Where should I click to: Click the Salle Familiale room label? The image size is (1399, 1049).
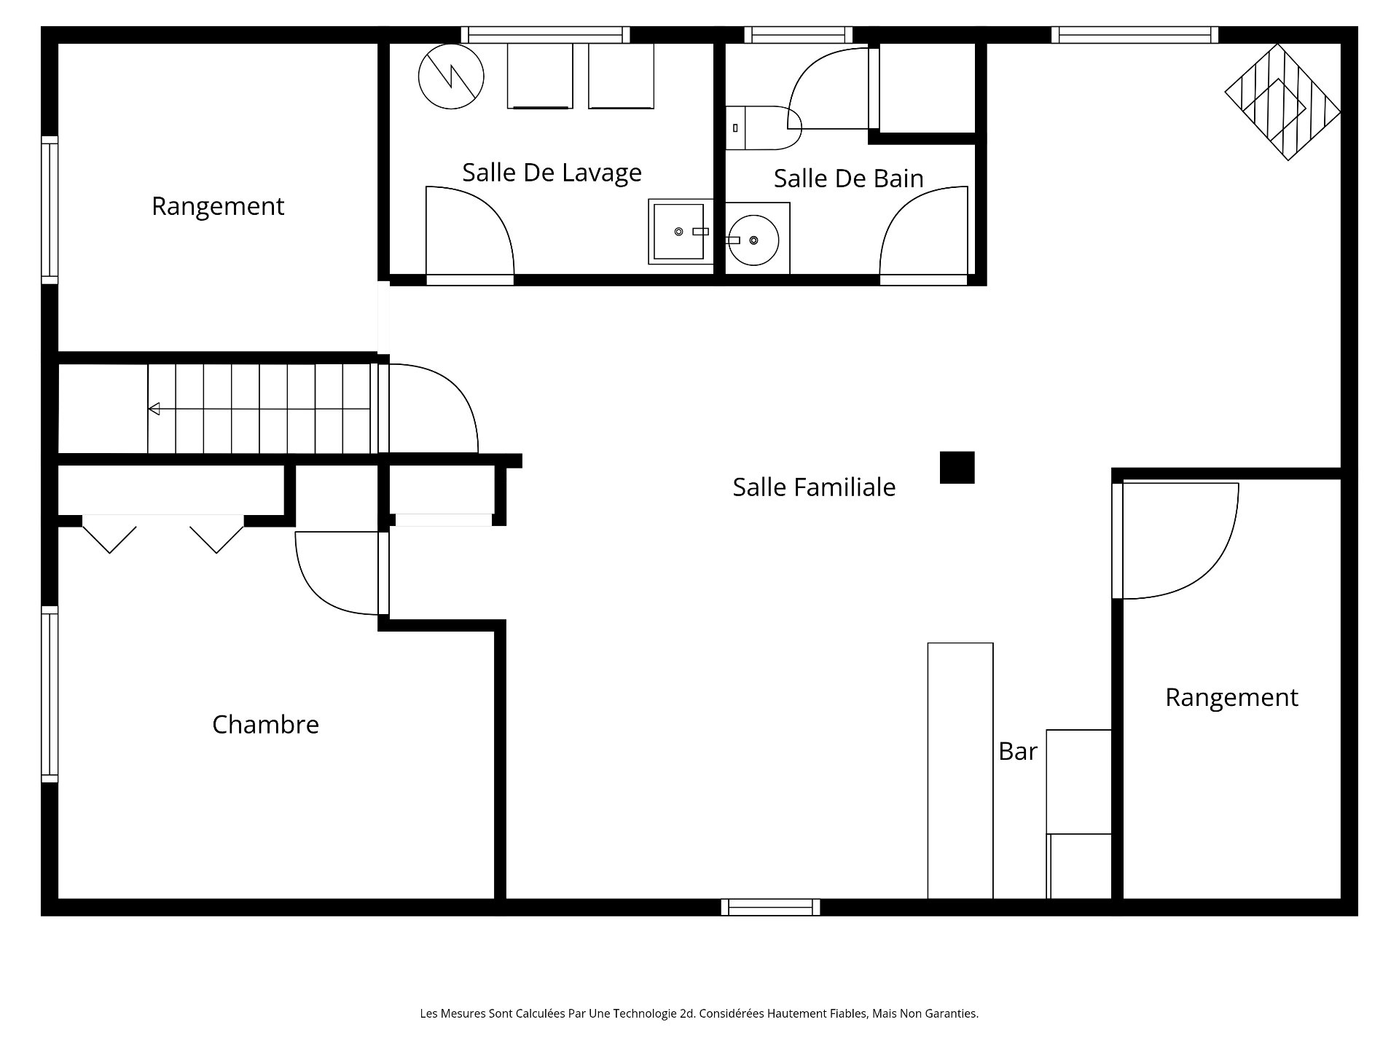[814, 487]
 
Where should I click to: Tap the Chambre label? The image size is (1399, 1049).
[265, 724]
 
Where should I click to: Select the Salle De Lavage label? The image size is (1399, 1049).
[552, 173]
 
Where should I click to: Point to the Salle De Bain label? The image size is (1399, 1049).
[848, 178]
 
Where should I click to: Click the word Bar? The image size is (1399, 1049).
[1017, 751]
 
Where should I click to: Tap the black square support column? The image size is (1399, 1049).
[957, 467]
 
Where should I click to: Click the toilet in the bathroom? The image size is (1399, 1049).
[764, 127]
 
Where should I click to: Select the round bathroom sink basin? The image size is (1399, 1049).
[753, 240]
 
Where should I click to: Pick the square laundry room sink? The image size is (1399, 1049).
[679, 232]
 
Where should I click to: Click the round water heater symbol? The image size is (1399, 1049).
[451, 76]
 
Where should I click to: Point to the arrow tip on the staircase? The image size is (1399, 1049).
[149, 409]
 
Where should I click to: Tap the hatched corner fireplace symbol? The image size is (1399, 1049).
[1282, 102]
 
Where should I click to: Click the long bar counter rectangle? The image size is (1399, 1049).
[960, 771]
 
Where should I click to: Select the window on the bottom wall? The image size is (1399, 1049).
[770, 907]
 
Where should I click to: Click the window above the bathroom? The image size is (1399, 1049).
[798, 34]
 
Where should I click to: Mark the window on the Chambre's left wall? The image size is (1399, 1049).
[50, 694]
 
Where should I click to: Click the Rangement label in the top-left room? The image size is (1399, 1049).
[218, 207]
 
